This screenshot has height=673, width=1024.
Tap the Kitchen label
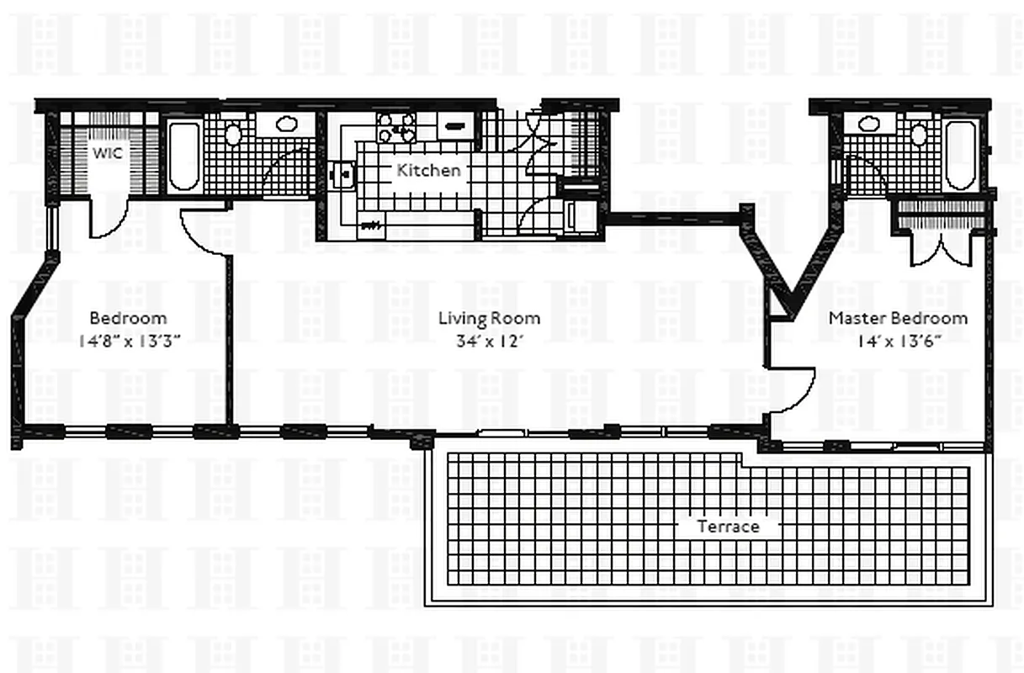[429, 170]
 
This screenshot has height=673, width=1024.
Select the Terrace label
[729, 527]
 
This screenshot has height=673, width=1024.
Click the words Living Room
[489, 319]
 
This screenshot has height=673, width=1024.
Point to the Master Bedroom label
[898, 319]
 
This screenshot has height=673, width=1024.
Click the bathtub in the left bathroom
[184, 156]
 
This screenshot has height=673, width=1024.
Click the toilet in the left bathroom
[233, 135]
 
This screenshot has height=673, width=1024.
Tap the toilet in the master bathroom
[920, 134]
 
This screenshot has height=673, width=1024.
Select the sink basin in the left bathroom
[286, 125]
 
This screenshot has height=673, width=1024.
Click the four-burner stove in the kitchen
[396, 127]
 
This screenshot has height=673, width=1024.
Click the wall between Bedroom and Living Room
[229, 336]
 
